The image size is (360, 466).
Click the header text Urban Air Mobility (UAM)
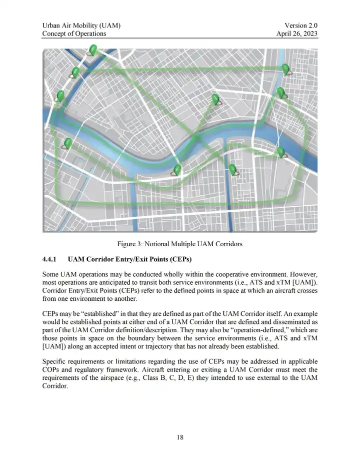point(81,25)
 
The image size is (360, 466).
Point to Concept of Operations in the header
point(74,34)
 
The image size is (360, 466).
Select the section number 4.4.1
point(50,260)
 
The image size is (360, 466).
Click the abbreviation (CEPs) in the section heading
point(177,260)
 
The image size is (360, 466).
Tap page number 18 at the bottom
point(180,437)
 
